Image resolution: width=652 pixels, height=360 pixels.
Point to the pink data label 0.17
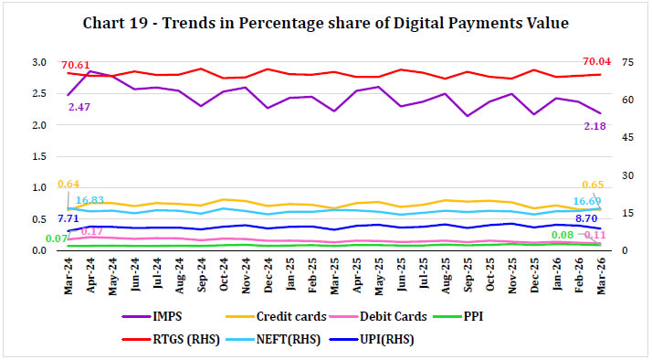tap(91, 231)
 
